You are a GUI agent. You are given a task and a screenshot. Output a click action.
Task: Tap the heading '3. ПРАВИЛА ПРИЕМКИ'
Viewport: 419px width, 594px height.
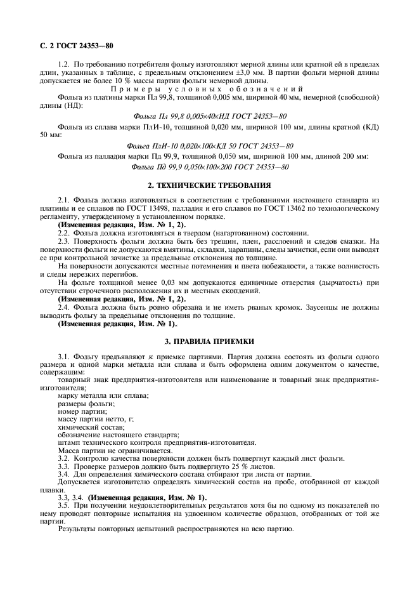point(209,341)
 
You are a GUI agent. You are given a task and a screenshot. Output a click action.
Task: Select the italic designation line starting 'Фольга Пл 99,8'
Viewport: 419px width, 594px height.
point(209,116)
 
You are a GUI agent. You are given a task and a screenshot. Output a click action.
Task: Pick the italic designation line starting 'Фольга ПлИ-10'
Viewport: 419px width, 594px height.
point(209,145)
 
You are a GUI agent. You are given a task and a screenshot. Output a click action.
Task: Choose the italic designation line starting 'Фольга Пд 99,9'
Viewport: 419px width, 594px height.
point(209,166)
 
